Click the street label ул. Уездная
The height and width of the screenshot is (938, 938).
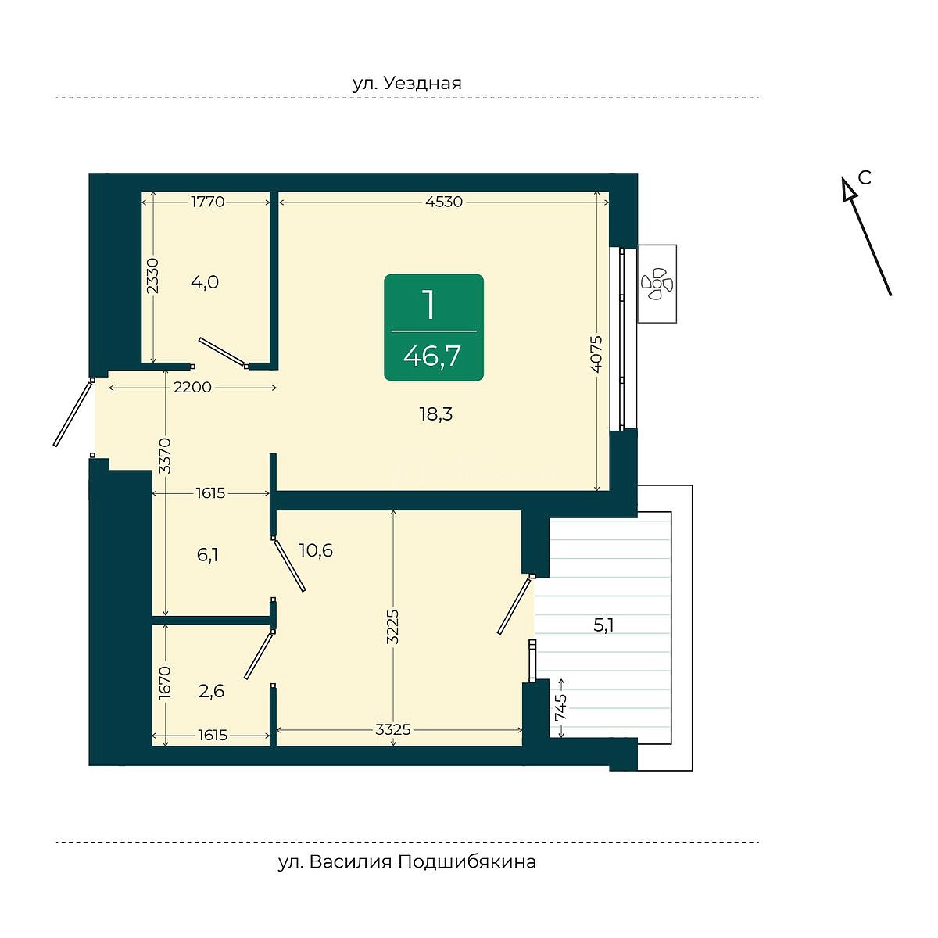[407, 83]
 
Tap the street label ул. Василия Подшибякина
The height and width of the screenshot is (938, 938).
[407, 862]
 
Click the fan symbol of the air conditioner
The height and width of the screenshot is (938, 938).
[656, 283]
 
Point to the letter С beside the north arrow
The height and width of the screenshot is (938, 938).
[864, 178]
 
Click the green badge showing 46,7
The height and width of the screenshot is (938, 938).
[434, 328]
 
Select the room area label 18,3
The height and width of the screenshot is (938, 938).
[436, 414]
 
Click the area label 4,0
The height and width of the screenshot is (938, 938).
[205, 282]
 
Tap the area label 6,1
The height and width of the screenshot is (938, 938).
[207, 554]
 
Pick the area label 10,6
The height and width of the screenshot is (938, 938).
[316, 550]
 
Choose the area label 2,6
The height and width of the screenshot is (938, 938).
[211, 691]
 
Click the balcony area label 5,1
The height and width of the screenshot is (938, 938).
[603, 625]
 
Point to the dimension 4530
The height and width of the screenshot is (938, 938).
[443, 202]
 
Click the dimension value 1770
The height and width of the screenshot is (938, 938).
[208, 202]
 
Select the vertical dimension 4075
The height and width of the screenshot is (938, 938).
[596, 354]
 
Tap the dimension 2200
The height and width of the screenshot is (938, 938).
[192, 388]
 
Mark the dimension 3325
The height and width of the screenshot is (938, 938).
[393, 729]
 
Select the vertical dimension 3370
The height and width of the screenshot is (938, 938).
[166, 456]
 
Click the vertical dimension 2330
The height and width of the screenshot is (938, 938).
[153, 275]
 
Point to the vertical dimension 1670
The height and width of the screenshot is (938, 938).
[166, 682]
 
